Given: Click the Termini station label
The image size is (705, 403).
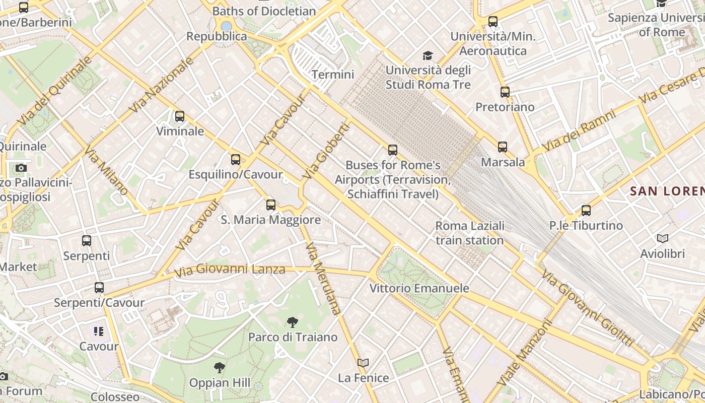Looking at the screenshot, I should pyautogui.click(x=333, y=75).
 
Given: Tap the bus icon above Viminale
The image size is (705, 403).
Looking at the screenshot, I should pyautogui.click(x=180, y=116).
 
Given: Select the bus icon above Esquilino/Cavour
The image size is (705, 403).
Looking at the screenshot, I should pyautogui.click(x=235, y=160).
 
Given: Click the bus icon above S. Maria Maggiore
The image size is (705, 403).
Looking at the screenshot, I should pyautogui.click(x=271, y=205).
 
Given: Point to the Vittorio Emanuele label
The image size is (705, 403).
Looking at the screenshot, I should pyautogui.click(x=419, y=289).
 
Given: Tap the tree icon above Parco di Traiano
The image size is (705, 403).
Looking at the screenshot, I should pyautogui.click(x=292, y=322).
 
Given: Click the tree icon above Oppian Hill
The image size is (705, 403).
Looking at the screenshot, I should pyautogui.click(x=219, y=368).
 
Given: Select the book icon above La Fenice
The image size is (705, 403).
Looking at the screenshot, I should pyautogui.click(x=363, y=363).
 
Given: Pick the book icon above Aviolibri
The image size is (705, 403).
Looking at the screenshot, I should pyautogui.click(x=662, y=238).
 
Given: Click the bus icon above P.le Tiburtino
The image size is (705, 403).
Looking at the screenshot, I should pyautogui.click(x=586, y=210).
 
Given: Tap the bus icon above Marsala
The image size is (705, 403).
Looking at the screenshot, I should pyautogui.click(x=503, y=147).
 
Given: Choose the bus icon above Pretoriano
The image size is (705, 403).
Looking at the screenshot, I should pyautogui.click(x=505, y=92).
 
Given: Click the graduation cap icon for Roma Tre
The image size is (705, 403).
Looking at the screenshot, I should pyautogui.click(x=428, y=55).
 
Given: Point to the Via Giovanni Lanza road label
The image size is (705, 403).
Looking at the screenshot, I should pyautogui.click(x=230, y=271).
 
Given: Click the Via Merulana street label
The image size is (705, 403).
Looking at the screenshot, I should pyautogui.click(x=323, y=279).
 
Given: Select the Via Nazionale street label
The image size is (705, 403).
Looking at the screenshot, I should pyautogui.click(x=161, y=85).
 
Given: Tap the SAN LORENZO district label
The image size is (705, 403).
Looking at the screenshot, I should pyautogui.click(x=667, y=191).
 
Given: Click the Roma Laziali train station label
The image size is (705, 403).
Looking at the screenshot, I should pyautogui.click(x=469, y=233).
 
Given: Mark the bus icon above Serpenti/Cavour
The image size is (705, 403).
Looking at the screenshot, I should pyautogui.click(x=99, y=288).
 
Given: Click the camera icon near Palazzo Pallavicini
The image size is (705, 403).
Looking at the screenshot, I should pyautogui.click(x=21, y=168).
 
